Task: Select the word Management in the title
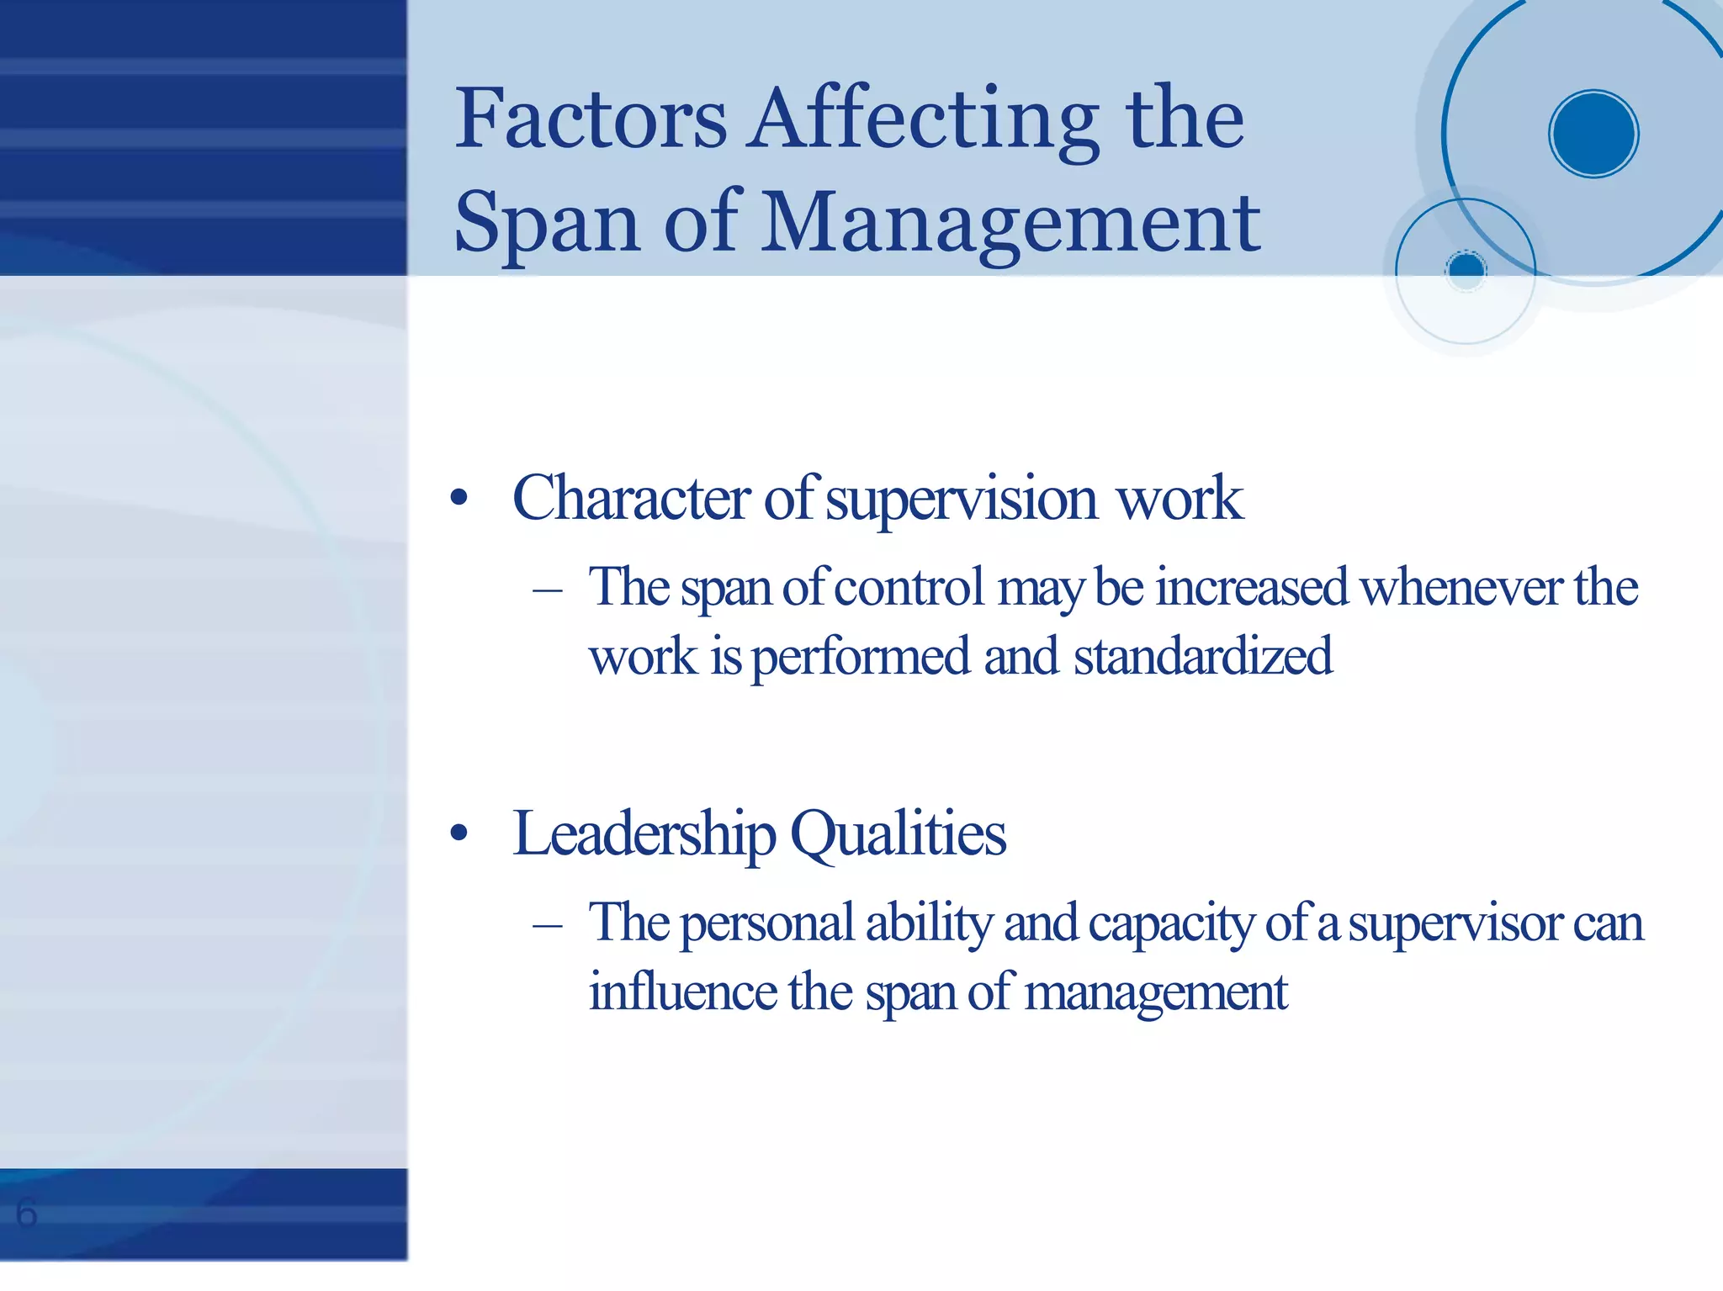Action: [x=1010, y=224]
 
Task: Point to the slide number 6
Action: [x=26, y=1214]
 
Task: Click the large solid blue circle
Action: [x=1593, y=134]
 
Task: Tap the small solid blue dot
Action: [x=1466, y=269]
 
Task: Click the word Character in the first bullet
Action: [x=631, y=499]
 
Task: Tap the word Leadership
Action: [x=644, y=835]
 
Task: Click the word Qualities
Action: [x=898, y=835]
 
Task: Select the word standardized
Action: [x=1203, y=657]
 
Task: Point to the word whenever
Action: [x=1461, y=588]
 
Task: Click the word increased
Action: [x=1251, y=588]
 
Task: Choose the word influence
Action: [x=682, y=992]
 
